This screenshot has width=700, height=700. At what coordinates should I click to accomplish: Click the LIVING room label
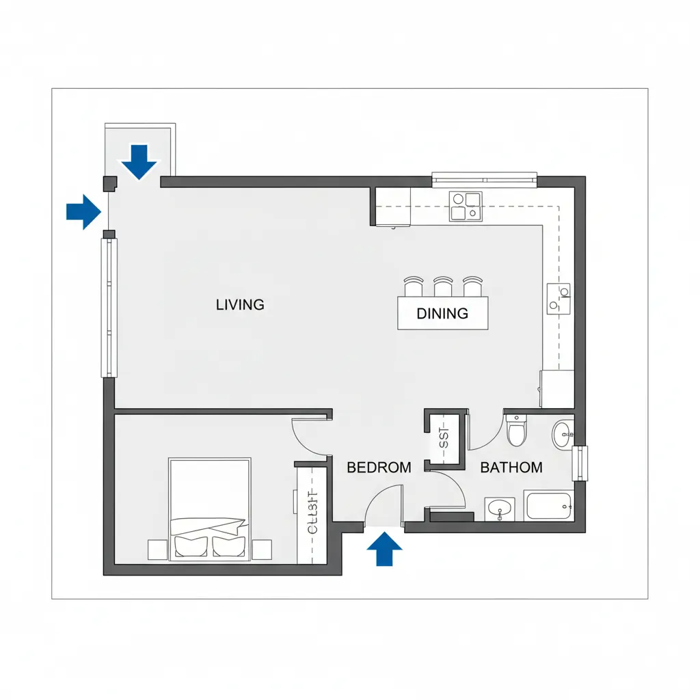point(240,305)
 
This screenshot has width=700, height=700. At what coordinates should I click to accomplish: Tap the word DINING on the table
point(442,314)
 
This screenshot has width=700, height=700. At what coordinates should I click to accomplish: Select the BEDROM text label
point(379,468)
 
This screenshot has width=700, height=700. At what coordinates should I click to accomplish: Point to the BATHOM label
point(511,468)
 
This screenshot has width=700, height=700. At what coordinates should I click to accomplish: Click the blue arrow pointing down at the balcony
point(139,161)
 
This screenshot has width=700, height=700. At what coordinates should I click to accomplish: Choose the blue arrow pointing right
point(83,211)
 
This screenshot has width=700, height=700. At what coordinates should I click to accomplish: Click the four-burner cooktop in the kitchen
point(465,206)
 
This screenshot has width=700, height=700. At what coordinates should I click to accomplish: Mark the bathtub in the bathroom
point(548,507)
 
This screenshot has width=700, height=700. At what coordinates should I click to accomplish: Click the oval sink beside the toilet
point(564,434)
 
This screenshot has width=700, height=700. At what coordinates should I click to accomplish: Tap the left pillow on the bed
point(191,546)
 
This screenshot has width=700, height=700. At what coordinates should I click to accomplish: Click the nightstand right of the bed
point(262,550)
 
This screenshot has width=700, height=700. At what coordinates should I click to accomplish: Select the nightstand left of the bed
point(158,550)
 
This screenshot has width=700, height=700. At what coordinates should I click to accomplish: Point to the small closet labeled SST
point(445,437)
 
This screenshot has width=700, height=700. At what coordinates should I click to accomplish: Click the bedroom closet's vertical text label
point(313,513)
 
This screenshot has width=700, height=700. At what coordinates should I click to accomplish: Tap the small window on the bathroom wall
point(580,463)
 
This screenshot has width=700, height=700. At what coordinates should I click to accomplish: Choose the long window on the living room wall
point(109,308)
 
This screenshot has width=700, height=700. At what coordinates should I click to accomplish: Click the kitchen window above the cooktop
point(485,180)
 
